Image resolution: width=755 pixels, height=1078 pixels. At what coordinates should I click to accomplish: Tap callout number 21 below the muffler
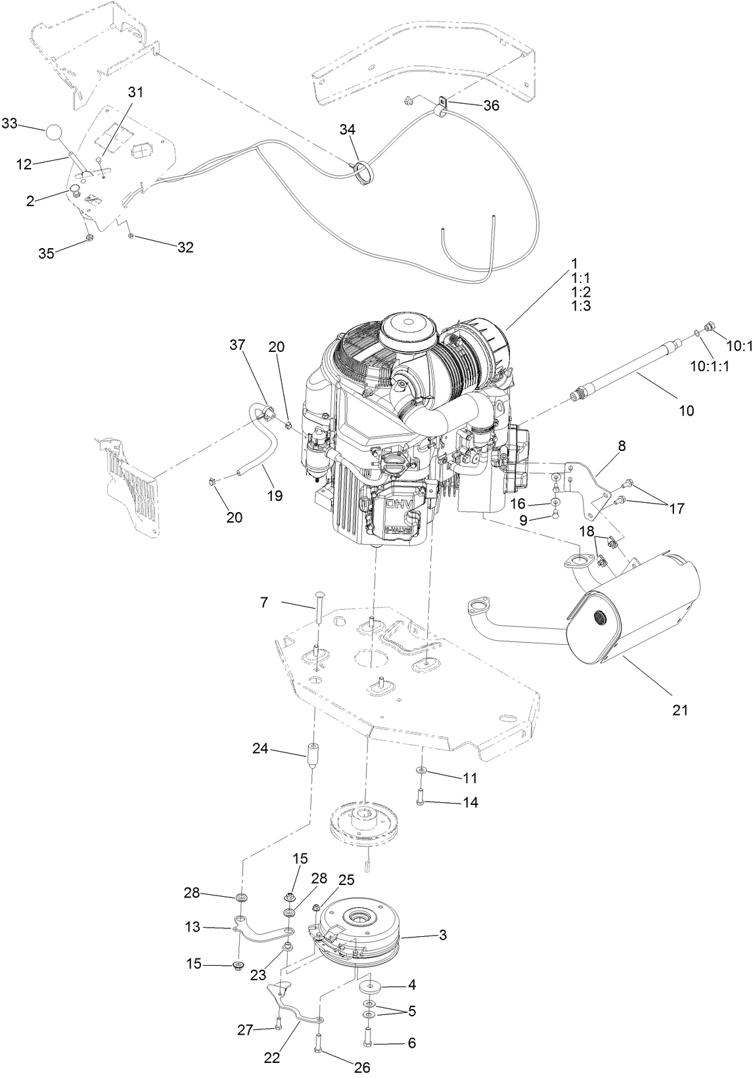pyautogui.click(x=680, y=710)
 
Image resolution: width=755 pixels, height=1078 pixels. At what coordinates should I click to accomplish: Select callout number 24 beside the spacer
pyautogui.click(x=261, y=748)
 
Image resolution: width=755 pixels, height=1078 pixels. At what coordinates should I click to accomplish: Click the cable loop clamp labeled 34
pyautogui.click(x=361, y=173)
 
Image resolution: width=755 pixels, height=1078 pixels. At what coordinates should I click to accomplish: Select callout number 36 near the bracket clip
pyautogui.click(x=491, y=106)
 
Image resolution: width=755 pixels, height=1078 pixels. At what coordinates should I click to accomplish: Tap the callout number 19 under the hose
pyautogui.click(x=275, y=496)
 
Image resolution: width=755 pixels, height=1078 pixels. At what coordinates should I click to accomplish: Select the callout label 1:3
pyautogui.click(x=581, y=306)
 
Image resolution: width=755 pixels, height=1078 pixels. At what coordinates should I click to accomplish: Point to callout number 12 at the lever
pyautogui.click(x=24, y=164)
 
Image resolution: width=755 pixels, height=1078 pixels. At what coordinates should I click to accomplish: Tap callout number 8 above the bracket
pyautogui.click(x=621, y=446)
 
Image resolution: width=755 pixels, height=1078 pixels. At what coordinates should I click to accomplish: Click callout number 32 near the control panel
pyautogui.click(x=186, y=247)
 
